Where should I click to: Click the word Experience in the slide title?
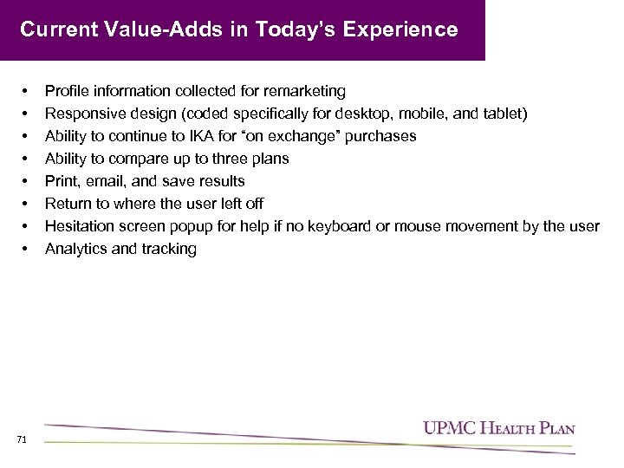[400, 30]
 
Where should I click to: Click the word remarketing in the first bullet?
[306, 91]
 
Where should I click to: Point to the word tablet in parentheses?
[500, 114]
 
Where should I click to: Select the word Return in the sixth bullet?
[68, 204]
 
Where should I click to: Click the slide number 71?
[22, 440]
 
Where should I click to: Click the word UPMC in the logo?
[446, 427]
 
